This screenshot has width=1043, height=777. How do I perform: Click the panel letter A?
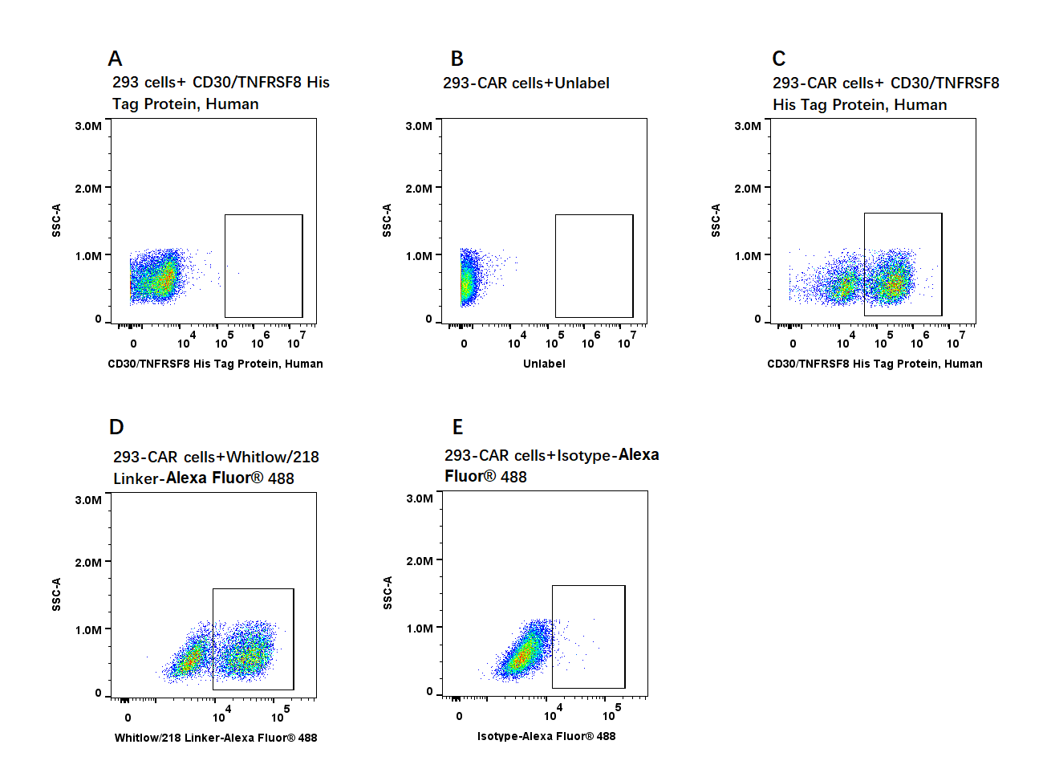tap(116, 59)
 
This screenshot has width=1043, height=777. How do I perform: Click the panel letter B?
tap(457, 59)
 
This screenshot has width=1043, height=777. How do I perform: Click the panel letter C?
tap(779, 59)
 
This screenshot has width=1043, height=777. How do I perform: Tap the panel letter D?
tap(116, 427)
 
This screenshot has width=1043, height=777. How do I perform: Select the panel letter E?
tap(458, 427)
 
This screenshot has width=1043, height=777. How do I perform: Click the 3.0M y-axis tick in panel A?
tap(88, 126)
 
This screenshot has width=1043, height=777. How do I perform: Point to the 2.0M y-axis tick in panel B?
tap(419, 189)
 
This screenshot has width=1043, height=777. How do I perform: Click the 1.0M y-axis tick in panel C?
tap(748, 256)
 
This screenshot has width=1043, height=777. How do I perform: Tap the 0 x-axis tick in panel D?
tap(128, 718)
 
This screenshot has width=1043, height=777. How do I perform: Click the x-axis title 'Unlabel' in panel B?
tap(544, 364)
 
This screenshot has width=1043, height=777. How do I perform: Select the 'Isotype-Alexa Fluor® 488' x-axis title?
tap(546, 736)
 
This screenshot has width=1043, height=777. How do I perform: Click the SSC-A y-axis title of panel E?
tap(388, 592)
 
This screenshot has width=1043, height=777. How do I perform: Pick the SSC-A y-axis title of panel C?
tap(716, 220)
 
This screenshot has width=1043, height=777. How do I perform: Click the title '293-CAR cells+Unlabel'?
tap(526, 83)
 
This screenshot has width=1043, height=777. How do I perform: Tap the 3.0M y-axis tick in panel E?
tap(420, 498)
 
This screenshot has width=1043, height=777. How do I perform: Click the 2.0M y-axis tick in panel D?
tap(88, 563)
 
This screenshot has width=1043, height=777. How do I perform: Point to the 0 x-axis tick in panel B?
tap(464, 344)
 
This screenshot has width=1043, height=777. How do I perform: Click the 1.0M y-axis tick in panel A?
tap(88, 256)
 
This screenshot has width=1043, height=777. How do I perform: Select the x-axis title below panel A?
tap(215, 364)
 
